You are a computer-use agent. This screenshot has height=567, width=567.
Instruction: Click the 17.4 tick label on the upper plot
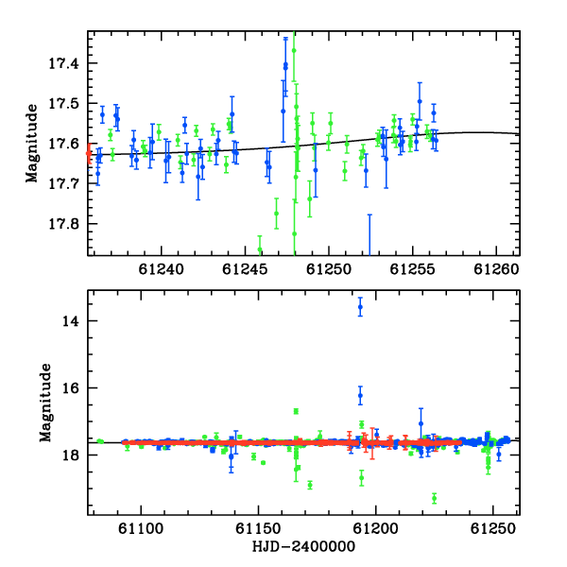pyautogui.click(x=63, y=63)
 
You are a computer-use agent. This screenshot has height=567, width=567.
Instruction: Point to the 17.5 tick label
pyautogui.click(x=63, y=104)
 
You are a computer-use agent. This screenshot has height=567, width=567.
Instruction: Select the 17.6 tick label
pyautogui.click(x=63, y=144)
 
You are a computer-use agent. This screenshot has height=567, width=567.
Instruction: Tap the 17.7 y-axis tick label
pyautogui.click(x=63, y=184)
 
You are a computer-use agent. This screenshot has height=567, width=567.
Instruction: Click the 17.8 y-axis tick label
pyautogui.click(x=63, y=224)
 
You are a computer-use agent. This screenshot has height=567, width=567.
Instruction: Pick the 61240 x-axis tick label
pyautogui.click(x=162, y=269)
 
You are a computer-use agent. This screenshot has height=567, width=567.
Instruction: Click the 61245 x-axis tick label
pyautogui.click(x=245, y=269)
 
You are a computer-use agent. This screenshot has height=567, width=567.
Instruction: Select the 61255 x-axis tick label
pyautogui.click(x=412, y=269)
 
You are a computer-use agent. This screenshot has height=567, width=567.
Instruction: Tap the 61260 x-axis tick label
pyautogui.click(x=496, y=269)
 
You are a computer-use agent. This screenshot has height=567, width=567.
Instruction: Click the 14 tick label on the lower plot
pyautogui.click(x=71, y=321)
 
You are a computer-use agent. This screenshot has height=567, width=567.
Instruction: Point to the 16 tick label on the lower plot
pyautogui.click(x=71, y=388)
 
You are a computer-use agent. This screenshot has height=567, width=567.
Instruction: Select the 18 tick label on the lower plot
pyautogui.click(x=71, y=455)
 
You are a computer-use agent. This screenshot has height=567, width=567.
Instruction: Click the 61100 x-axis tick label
pyautogui.click(x=141, y=528)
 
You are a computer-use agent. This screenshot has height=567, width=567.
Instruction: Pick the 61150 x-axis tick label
pyautogui.click(x=258, y=528)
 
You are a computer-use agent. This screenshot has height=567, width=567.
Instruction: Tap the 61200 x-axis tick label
pyautogui.click(x=375, y=528)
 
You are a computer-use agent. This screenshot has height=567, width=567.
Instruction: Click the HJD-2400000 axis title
pyautogui.click(x=303, y=546)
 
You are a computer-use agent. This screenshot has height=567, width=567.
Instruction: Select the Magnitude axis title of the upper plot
pyautogui.click(x=32, y=144)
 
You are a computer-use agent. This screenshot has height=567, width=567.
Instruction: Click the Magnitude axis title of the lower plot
pyautogui.click(x=45, y=403)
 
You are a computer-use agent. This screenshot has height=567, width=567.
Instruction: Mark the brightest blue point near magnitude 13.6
pyautogui.click(x=360, y=307)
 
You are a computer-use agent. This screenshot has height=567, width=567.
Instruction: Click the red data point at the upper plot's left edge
pyautogui.click(x=89, y=154)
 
